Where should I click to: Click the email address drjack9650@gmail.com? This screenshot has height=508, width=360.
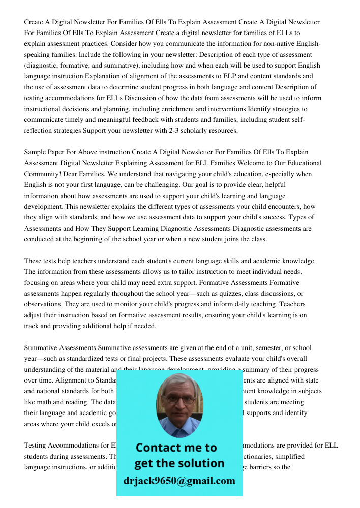[179, 481]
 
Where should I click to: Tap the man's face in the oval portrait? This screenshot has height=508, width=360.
[179, 401]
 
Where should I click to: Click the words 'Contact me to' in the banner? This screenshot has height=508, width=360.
[176, 448]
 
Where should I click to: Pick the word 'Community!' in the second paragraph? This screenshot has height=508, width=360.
[43, 174]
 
